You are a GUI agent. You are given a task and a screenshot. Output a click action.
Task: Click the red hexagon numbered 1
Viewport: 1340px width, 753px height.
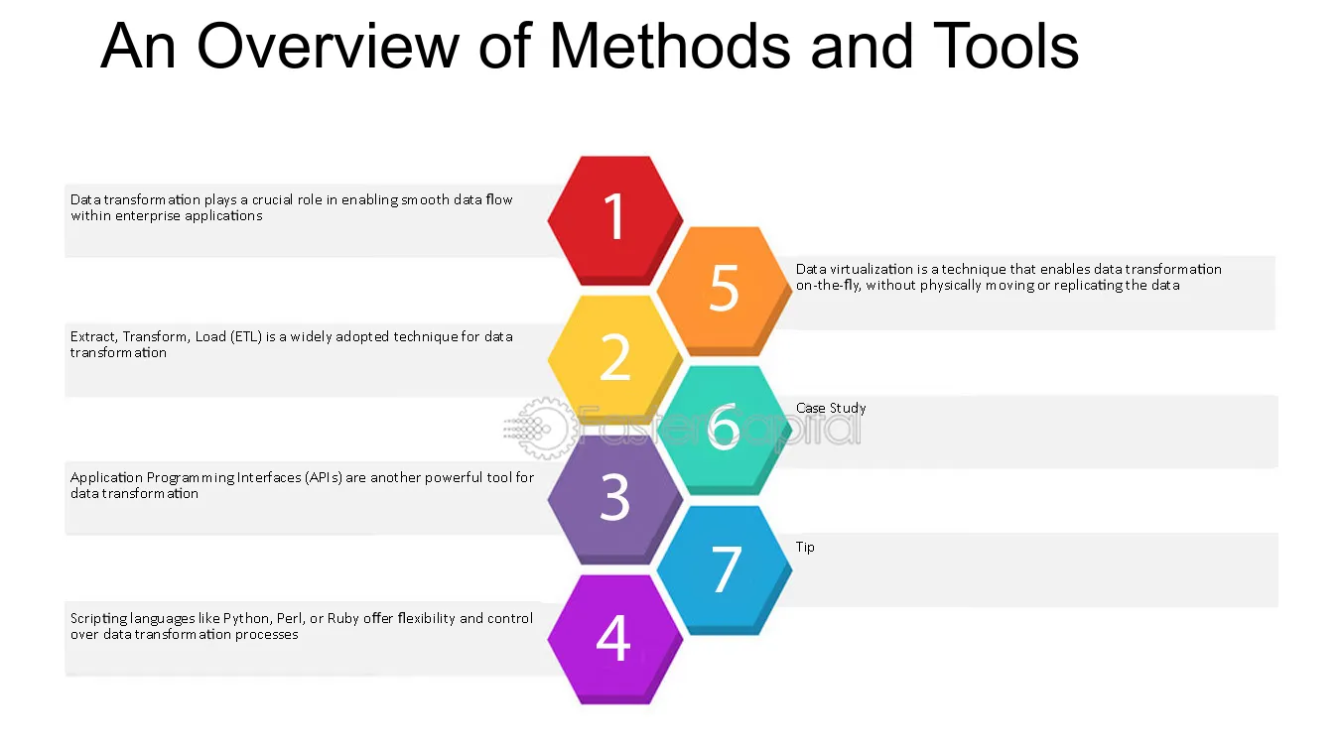click(x=615, y=220)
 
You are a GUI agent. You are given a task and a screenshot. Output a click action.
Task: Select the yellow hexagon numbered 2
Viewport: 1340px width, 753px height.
click(x=615, y=359)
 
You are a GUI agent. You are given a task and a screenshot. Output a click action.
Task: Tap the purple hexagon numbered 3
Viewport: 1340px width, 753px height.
click(x=615, y=499)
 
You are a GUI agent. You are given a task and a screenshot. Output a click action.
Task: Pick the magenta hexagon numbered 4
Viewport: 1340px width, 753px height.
click(x=615, y=639)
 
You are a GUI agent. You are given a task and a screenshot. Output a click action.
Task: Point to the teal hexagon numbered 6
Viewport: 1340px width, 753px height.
click(x=725, y=430)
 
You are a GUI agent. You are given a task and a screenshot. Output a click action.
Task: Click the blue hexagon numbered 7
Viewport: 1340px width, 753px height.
click(x=725, y=570)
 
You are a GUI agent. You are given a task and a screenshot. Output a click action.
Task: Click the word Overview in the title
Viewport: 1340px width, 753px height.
click(x=328, y=46)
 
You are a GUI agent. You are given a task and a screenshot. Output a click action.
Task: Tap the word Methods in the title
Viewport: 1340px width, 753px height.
click(x=670, y=46)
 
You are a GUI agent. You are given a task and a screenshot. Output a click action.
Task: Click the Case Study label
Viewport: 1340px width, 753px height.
click(x=831, y=408)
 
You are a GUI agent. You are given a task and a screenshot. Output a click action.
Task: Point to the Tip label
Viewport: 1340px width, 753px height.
click(x=805, y=548)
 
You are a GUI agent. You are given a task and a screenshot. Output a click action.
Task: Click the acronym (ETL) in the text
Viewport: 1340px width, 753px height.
click(x=246, y=336)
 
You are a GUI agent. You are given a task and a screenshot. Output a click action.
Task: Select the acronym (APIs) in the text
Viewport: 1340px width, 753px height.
click(x=323, y=478)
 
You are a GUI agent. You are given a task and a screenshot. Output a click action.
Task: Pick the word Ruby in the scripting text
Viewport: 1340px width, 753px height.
click(x=342, y=618)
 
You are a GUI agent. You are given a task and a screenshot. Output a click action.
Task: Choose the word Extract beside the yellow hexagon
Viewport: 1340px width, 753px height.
click(x=93, y=336)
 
